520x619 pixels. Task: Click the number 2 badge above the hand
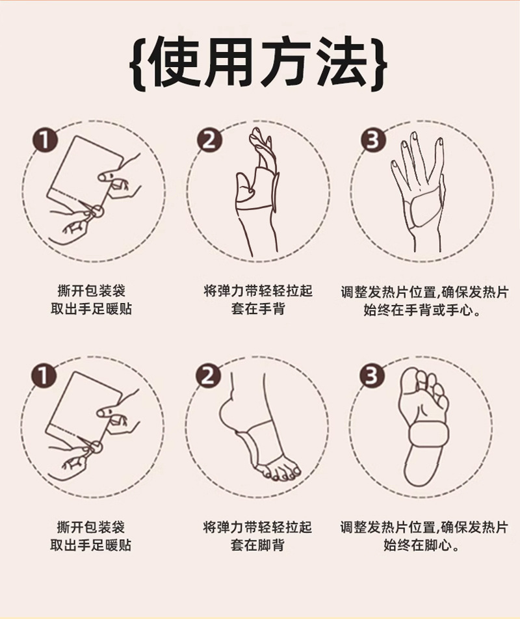[209, 140]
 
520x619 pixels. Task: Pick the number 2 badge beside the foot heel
[209, 376]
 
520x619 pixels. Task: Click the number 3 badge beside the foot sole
[372, 376]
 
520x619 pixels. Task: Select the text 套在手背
[258, 309]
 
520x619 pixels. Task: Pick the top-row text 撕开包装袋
[91, 291]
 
